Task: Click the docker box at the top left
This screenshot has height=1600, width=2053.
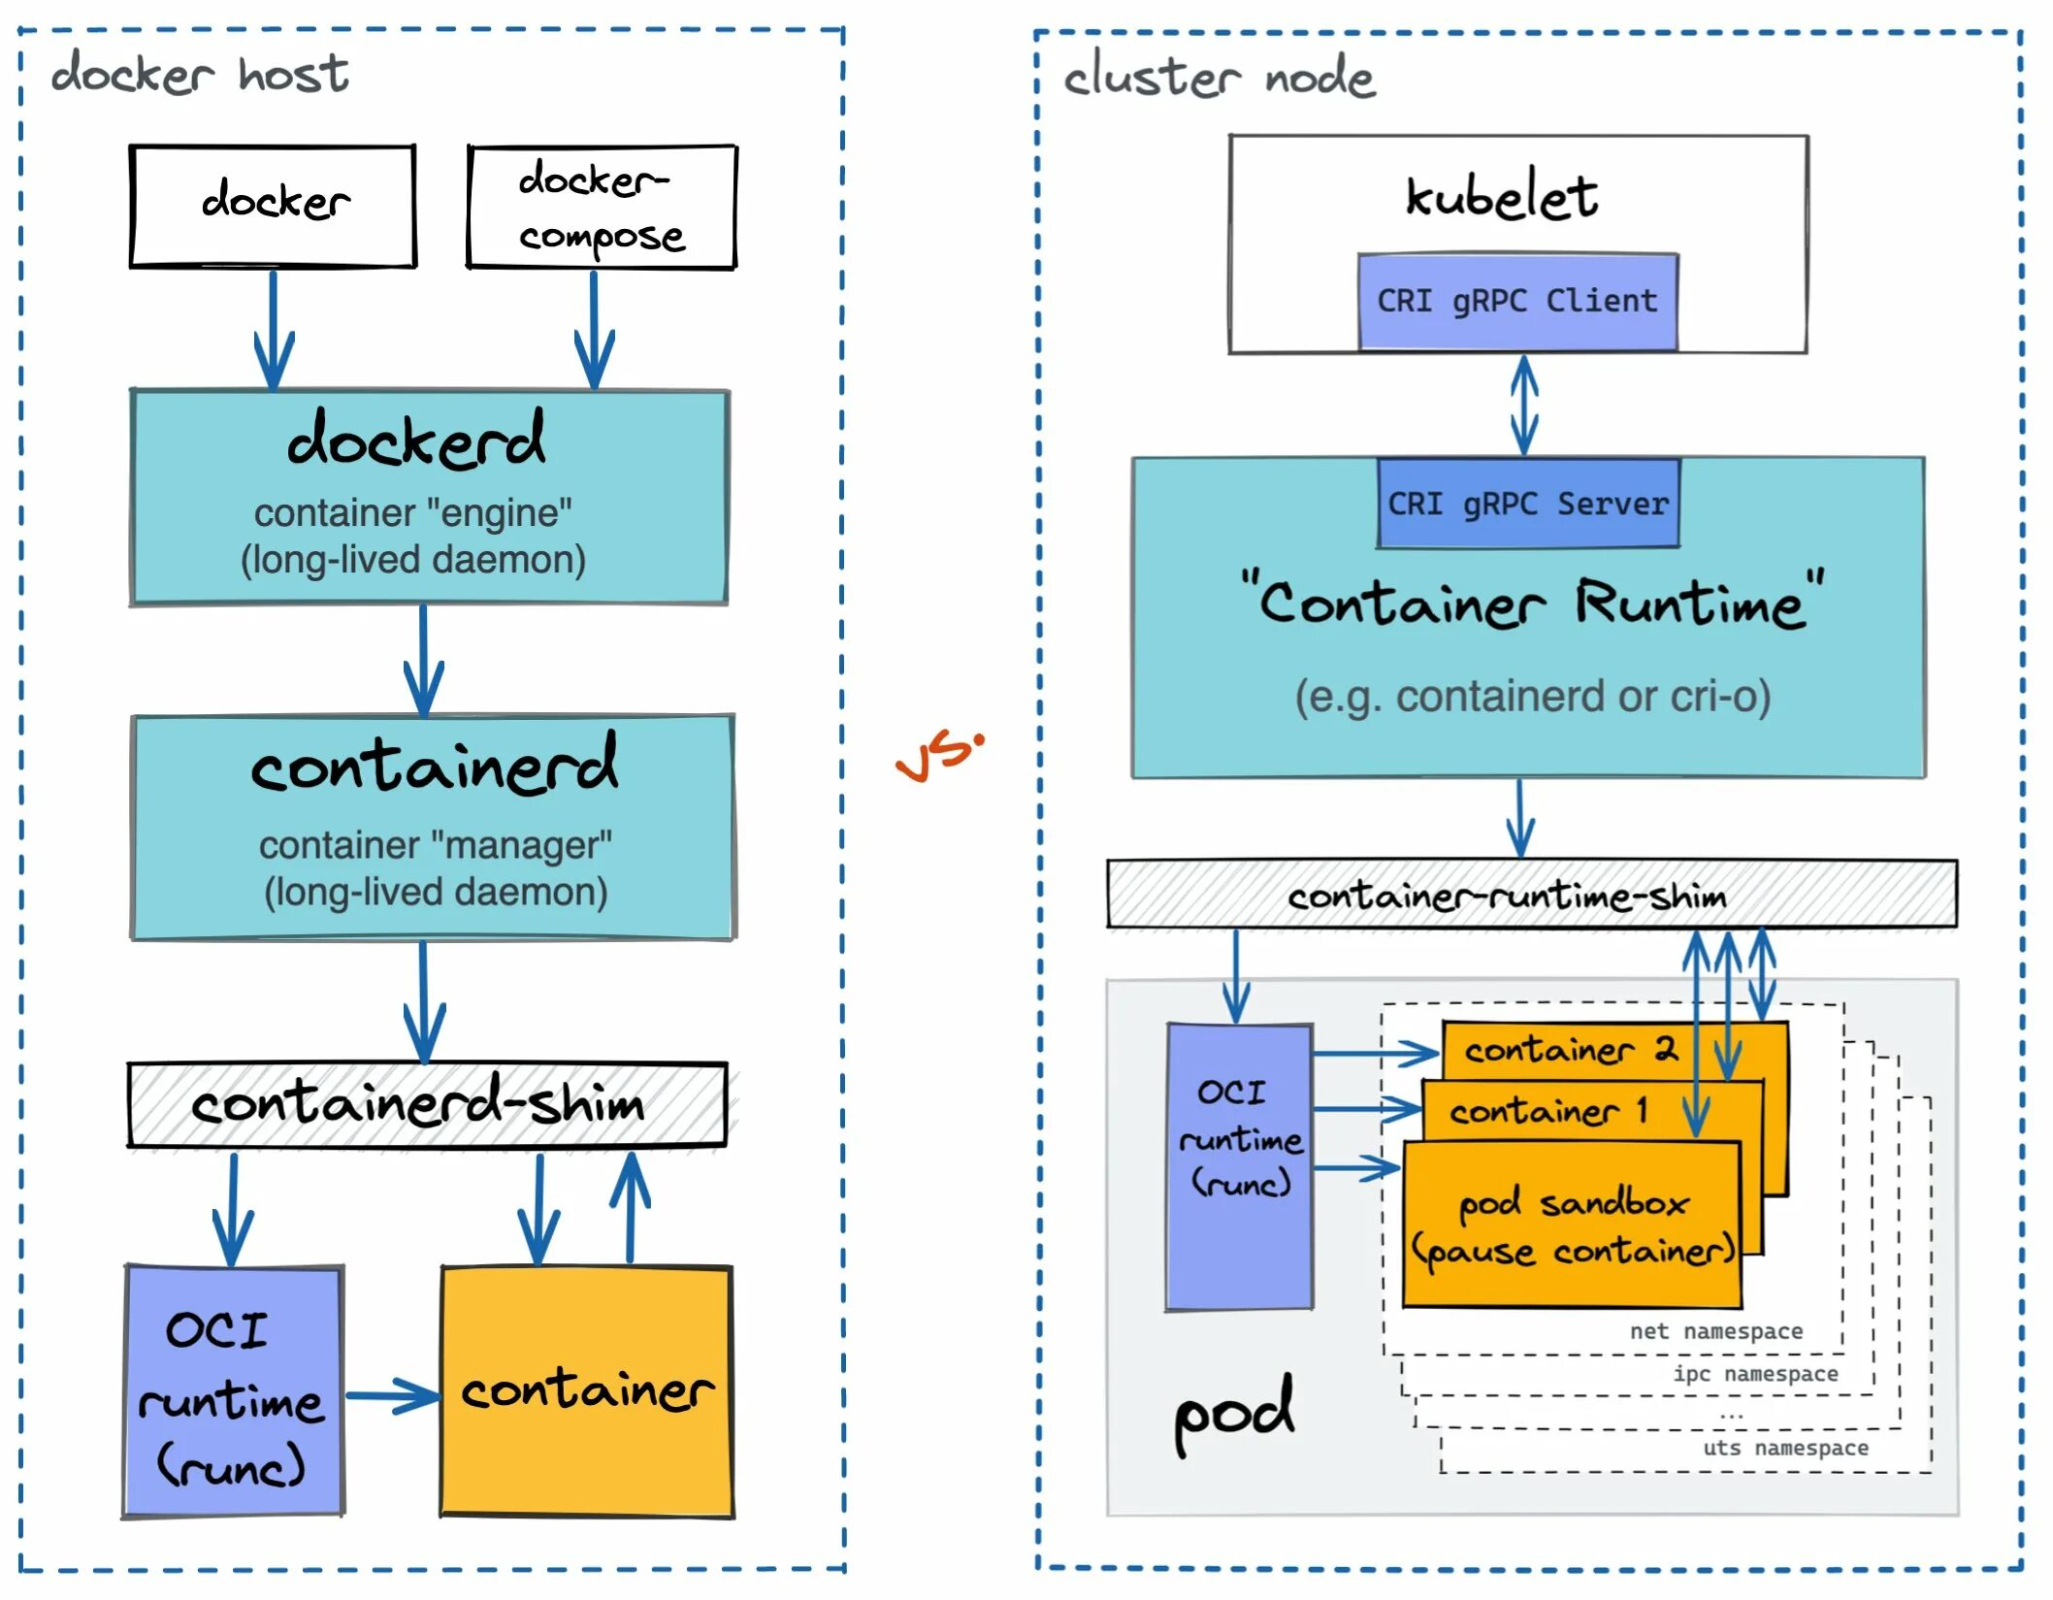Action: click(x=273, y=206)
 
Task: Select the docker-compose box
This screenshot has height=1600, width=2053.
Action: click(x=602, y=207)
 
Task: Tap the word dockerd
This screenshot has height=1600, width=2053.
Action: click(x=416, y=441)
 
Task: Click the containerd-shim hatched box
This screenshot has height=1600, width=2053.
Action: click(x=427, y=1105)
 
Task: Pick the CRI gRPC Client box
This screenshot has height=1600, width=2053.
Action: click(x=1517, y=302)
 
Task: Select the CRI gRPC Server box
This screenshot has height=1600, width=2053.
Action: click(x=1528, y=505)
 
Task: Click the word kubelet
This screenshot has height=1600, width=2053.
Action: click(x=1501, y=197)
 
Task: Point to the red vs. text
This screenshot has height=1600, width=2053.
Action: click(x=938, y=757)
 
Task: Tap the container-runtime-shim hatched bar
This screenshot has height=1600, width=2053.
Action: click(x=1531, y=895)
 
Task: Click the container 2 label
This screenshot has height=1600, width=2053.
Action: click(x=1570, y=1050)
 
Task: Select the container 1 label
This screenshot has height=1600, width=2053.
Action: click(x=1548, y=1111)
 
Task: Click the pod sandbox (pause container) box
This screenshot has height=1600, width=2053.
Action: click(x=1572, y=1227)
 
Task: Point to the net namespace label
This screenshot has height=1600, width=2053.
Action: click(x=1715, y=1331)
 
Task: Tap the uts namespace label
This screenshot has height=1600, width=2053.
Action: click(x=1785, y=1448)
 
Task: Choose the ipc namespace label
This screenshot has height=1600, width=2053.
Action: click(x=1755, y=1374)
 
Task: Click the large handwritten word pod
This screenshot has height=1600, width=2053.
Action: click(x=1233, y=1413)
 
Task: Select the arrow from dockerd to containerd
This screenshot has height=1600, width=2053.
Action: click(x=424, y=660)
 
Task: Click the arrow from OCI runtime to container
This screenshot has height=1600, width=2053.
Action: click(x=392, y=1396)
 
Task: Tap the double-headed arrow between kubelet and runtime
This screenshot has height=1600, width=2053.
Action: click(x=1524, y=405)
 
